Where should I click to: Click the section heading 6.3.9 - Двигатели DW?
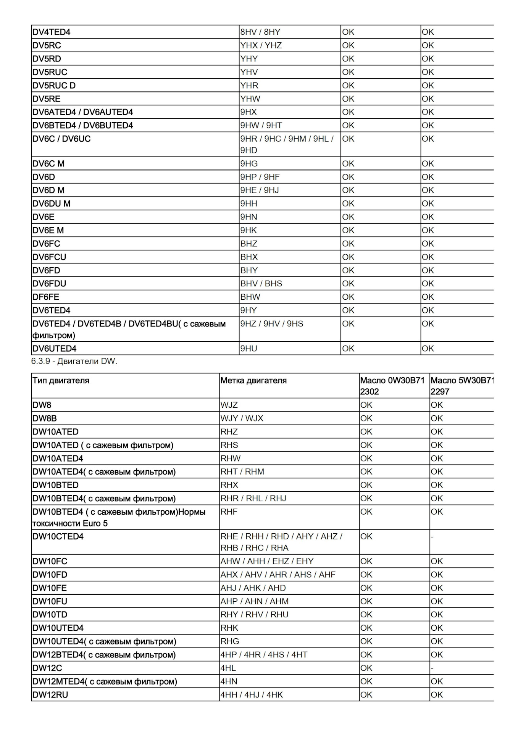pos(74,361)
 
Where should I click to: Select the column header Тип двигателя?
pos(61,380)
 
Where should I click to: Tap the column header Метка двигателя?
pos(253,380)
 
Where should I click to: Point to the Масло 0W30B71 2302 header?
pos(392,386)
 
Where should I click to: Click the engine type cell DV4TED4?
pos(52,32)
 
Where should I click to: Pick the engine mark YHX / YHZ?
pos(261,45)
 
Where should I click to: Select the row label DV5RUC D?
pos(54,86)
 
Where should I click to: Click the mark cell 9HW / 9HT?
pos(261,126)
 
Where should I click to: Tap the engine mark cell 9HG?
pos(249,164)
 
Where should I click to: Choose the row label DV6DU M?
pos(52,204)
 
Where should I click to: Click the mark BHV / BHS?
pos(261,284)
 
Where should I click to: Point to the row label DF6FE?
pos(46,297)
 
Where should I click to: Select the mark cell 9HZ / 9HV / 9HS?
pos(272,324)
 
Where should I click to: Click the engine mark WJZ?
pos(229,405)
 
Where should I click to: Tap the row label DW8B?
pos(45,418)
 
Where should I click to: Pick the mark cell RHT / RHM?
pos(242,472)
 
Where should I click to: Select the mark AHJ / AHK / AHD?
pos(253,588)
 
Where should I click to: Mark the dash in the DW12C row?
pos(432,668)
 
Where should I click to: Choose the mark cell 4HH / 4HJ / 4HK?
pos(252,695)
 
